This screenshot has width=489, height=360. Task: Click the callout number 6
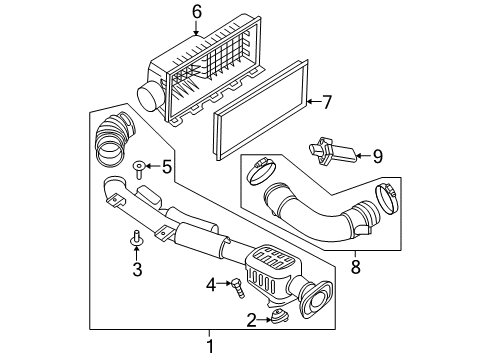197,12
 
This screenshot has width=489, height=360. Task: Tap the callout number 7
327,102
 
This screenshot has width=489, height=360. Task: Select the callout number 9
377,156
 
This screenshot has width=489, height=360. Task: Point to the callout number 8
356,267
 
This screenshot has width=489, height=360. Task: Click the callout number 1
210,346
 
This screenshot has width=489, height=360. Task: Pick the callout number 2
252,320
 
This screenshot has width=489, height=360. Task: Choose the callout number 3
137,269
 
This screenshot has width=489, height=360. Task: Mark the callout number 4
211,285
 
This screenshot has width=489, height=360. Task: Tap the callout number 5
167,166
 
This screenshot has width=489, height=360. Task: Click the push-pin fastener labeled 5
138,169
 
